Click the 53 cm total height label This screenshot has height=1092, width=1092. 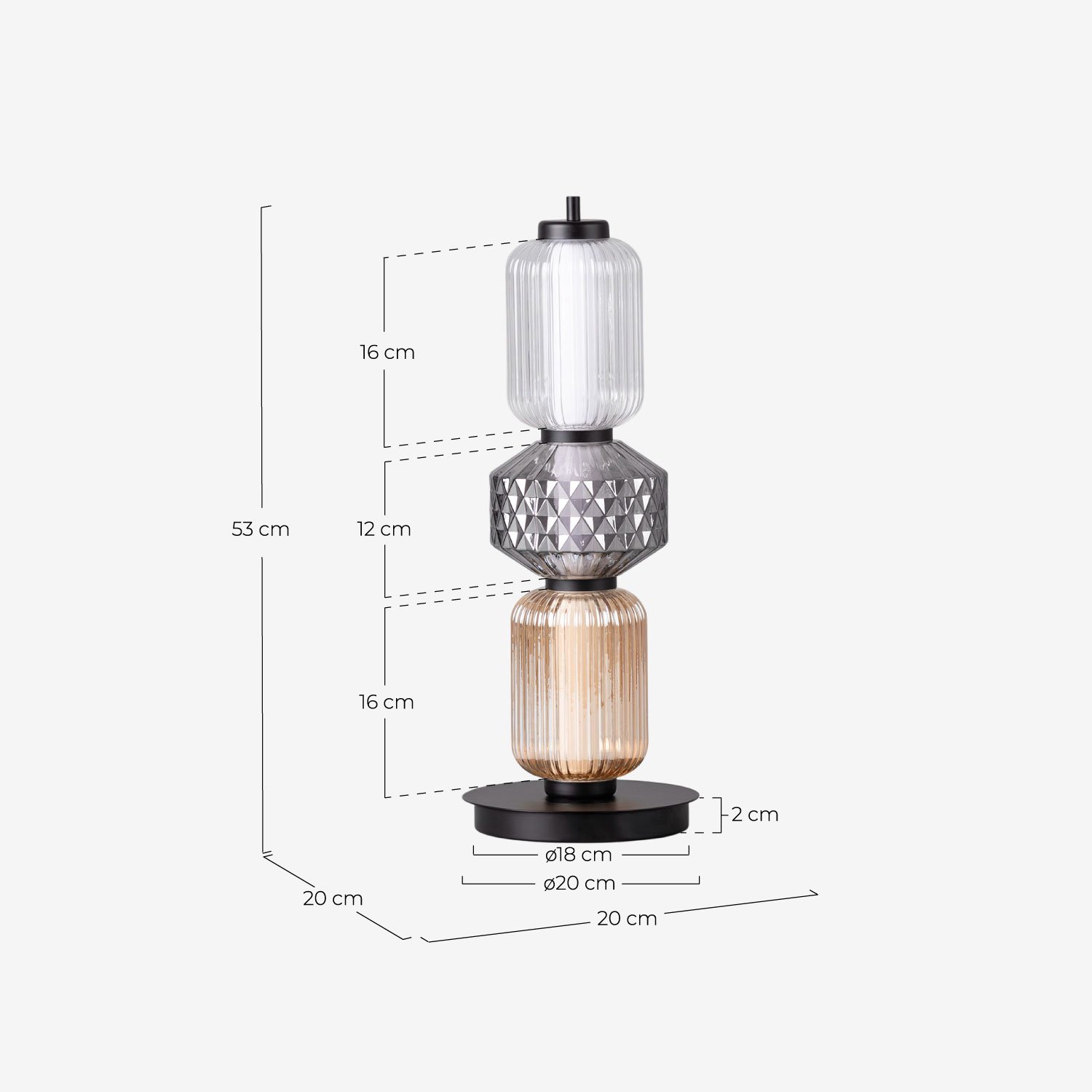pos(261,529)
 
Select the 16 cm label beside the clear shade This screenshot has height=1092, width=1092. pos(387,352)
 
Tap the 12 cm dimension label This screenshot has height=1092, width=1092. pos(384,529)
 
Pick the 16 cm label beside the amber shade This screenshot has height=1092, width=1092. pos(386,703)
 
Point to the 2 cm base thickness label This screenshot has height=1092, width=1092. pos(754,815)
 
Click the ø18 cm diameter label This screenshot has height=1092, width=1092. pos(579,855)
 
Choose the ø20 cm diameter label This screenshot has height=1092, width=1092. pos(579,884)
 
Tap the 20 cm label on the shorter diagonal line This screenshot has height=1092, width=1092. pos(333,899)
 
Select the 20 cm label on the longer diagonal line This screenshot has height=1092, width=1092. pos(627,919)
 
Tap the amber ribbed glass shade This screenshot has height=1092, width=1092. pos(578,684)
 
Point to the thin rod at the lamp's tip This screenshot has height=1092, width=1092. pos(573,207)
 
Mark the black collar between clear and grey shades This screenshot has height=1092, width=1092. pos(577,436)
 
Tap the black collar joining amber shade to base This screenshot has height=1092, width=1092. pos(579,789)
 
